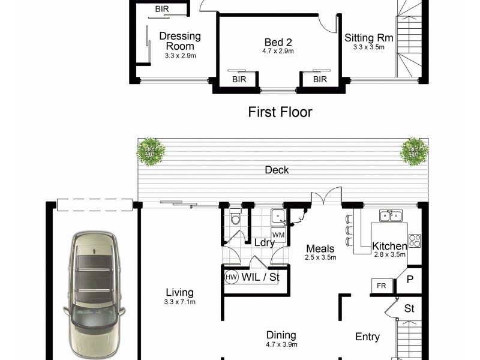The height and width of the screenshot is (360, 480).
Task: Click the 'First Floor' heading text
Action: tap(280, 112)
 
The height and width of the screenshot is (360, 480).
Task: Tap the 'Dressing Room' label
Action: tap(180, 41)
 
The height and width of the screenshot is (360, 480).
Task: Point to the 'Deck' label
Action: tap(277, 170)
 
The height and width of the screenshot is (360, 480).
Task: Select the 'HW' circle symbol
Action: tap(231, 278)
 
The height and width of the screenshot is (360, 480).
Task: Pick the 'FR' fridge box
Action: tap(381, 286)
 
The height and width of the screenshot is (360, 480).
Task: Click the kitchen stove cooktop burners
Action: tap(415, 240)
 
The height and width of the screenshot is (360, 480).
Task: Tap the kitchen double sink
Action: tap(389, 215)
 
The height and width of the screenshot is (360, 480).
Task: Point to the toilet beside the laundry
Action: tap(235, 220)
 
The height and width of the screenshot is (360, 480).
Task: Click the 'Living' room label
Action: tap(180, 293)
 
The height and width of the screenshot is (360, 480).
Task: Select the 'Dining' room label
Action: tap(281, 336)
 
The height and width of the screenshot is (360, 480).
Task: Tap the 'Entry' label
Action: tap(367, 337)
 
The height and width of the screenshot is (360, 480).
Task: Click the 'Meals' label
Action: tap(320, 248)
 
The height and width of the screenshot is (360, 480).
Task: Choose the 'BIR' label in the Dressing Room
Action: tap(162, 8)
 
